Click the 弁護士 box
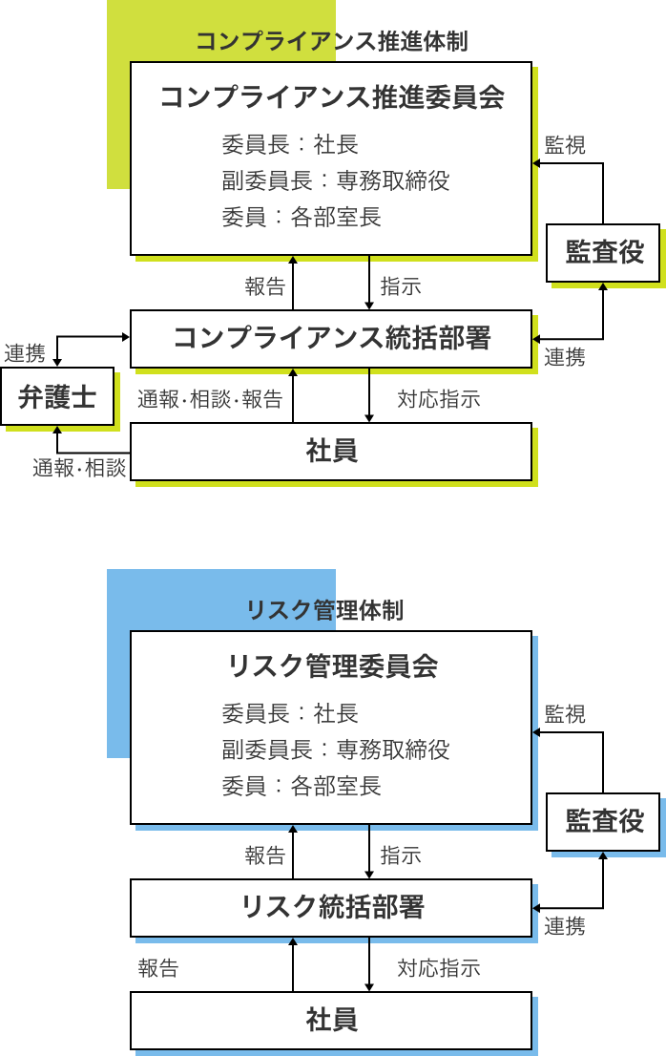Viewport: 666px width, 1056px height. (57, 396)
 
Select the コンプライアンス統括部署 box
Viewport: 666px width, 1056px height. (331, 339)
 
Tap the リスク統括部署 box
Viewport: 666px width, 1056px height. (331, 907)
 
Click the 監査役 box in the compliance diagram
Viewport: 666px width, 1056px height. (603, 253)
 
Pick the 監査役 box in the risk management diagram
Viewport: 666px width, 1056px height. (603, 822)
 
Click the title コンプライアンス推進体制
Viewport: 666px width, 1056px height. (332, 41)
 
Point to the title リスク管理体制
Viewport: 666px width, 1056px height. (325, 610)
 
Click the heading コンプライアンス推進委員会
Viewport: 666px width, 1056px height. (332, 97)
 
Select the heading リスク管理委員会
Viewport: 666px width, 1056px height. (332, 666)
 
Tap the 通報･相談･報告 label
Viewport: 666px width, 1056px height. (210, 399)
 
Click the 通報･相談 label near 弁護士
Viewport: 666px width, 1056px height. (79, 468)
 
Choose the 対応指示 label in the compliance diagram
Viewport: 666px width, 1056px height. (439, 399)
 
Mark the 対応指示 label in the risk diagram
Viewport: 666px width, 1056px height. (439, 968)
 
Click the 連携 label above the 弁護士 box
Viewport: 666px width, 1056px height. (25, 353)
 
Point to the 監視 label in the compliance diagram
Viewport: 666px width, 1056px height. (565, 145)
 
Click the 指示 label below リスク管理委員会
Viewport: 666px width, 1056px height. (401, 855)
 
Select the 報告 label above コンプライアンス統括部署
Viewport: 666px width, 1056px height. (265, 286)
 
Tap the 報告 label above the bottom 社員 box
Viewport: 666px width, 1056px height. (158, 968)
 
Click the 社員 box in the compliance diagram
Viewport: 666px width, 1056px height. (331, 452)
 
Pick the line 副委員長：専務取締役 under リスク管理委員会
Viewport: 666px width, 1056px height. (336, 750)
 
